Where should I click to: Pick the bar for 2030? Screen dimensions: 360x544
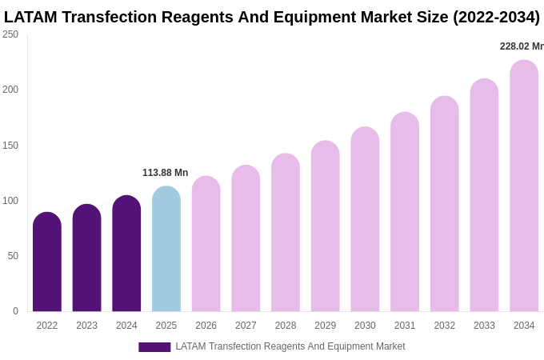365,219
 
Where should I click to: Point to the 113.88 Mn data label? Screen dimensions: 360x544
165,173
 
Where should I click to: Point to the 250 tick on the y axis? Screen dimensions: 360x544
10,34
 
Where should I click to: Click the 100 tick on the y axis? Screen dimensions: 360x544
10,201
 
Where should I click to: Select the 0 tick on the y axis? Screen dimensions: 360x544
15,311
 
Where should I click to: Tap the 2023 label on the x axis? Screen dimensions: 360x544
86,326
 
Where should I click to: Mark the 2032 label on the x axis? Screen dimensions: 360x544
444,326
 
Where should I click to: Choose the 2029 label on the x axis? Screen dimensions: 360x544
325,326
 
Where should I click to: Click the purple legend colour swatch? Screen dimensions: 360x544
154,347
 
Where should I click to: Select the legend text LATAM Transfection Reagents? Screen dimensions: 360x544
290,346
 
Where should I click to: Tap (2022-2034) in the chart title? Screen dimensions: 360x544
496,17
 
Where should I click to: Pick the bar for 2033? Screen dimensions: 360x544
484,195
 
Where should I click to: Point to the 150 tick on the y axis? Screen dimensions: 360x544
10,146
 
